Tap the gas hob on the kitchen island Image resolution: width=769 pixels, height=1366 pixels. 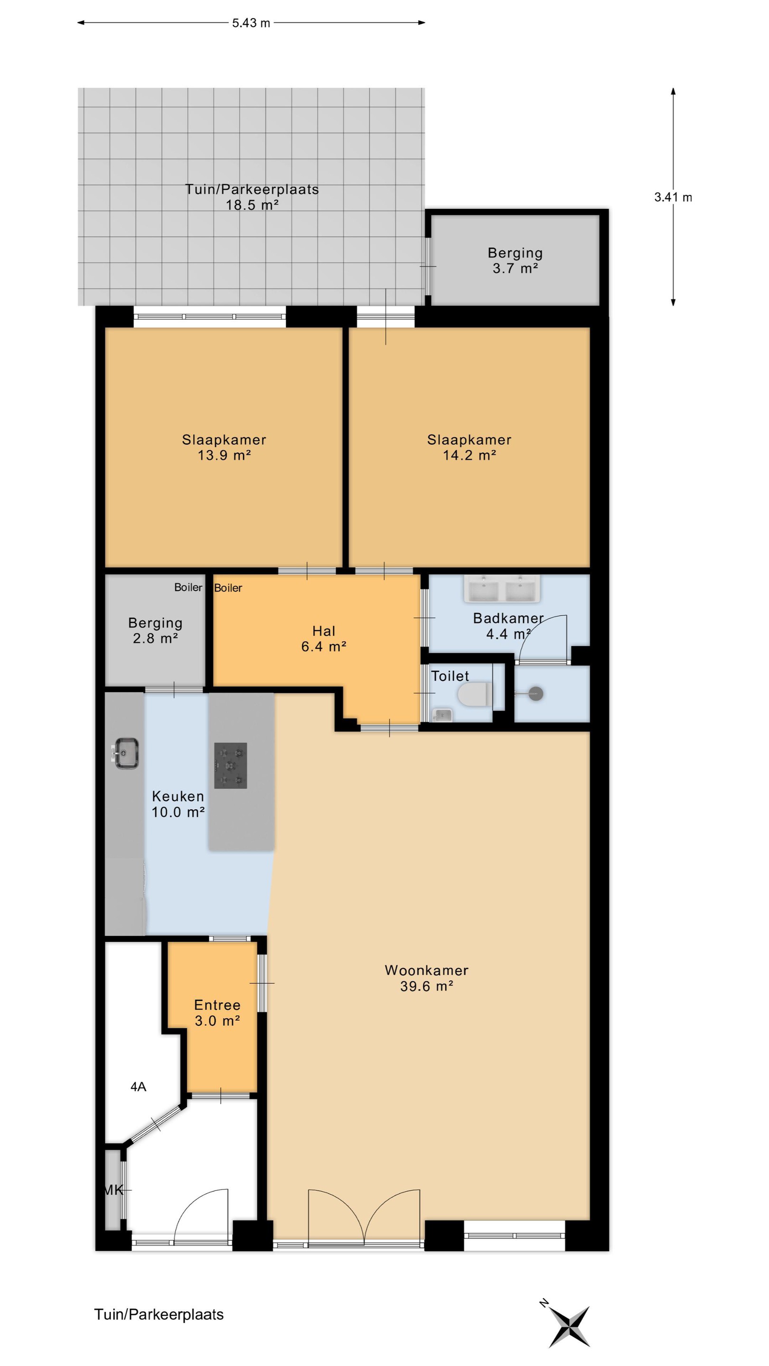(x=230, y=765)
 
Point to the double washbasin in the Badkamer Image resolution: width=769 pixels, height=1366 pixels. (x=502, y=589)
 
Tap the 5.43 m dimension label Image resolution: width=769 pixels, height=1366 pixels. (x=251, y=23)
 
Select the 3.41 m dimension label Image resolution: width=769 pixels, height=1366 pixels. (x=673, y=197)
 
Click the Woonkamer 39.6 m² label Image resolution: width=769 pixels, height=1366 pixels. (x=427, y=978)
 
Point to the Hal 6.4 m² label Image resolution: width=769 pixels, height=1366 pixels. (x=324, y=638)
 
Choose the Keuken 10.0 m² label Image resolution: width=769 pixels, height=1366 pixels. (x=178, y=804)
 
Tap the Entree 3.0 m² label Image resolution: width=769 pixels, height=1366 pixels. (x=217, y=1013)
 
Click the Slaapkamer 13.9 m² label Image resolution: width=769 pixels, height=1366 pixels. (x=224, y=447)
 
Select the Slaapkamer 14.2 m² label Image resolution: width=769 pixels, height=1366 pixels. (x=469, y=447)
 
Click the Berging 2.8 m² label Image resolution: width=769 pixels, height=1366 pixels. (x=155, y=630)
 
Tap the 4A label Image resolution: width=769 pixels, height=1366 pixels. (x=138, y=1087)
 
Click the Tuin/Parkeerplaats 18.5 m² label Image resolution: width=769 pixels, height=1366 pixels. (x=252, y=197)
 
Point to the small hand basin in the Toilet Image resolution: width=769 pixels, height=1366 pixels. (x=442, y=715)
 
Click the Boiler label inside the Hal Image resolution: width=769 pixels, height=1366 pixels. (x=228, y=588)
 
